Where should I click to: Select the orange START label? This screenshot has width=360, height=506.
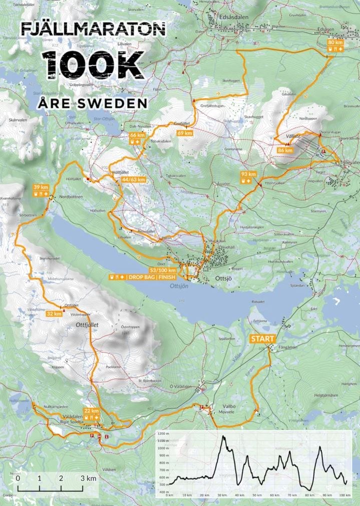coord(263,339)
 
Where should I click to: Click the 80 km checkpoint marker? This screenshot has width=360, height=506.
coord(335,43)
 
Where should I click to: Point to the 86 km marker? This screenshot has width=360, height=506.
coord(285,150)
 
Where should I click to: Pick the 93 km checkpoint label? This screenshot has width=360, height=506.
coord(248,174)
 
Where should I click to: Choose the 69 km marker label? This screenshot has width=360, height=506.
coord(185,133)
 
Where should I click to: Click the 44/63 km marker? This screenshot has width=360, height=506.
coord(133,179)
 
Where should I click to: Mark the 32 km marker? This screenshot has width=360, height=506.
coord(54,314)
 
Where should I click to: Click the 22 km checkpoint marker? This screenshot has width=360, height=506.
coord(92,411)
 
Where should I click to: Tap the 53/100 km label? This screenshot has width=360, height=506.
coord(162,271)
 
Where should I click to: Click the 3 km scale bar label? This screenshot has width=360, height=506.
coord(88,478)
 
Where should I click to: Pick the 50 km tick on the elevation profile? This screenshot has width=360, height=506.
coord(258,495)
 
